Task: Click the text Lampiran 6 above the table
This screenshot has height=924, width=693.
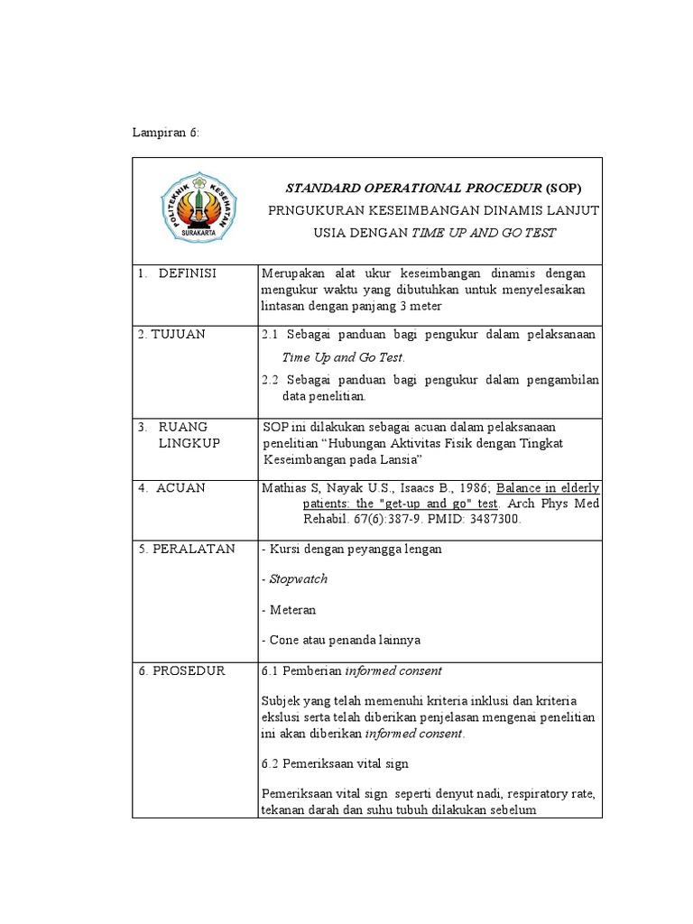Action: click(165, 133)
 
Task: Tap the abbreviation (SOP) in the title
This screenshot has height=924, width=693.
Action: click(563, 189)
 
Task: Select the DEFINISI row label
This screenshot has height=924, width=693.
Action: click(187, 273)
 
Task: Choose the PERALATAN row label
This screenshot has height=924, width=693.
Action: click(186, 549)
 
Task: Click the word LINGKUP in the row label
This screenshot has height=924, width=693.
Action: click(189, 444)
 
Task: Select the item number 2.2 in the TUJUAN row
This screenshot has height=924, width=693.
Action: click(270, 380)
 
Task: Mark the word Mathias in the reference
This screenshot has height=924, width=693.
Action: click(283, 488)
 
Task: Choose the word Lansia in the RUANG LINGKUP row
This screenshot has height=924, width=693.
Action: click(401, 459)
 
